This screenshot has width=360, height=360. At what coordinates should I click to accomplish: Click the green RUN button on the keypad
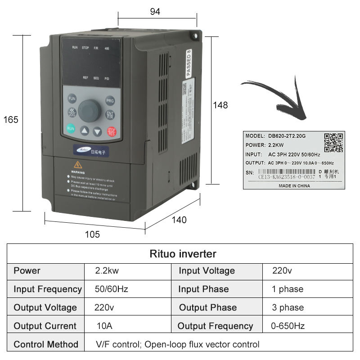[x=71, y=128]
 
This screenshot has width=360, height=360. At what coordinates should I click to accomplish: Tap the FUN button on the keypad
[x=72, y=99]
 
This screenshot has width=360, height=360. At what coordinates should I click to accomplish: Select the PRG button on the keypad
[x=110, y=101]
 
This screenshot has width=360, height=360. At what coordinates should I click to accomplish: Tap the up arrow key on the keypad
[x=85, y=131]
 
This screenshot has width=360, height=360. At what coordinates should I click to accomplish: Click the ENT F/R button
[x=110, y=115]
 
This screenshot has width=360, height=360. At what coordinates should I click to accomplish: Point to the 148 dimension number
[x=220, y=105]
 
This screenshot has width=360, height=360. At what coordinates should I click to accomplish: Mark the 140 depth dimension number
[x=179, y=220]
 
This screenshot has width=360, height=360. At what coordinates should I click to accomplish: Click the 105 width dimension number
[x=92, y=234]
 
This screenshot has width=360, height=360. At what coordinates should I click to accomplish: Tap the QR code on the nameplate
[x=334, y=143]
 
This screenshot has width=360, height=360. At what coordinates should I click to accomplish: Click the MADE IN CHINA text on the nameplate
[x=294, y=185]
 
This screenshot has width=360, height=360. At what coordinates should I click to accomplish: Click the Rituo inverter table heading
[x=183, y=254]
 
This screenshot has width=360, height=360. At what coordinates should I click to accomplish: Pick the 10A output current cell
[x=104, y=326]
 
